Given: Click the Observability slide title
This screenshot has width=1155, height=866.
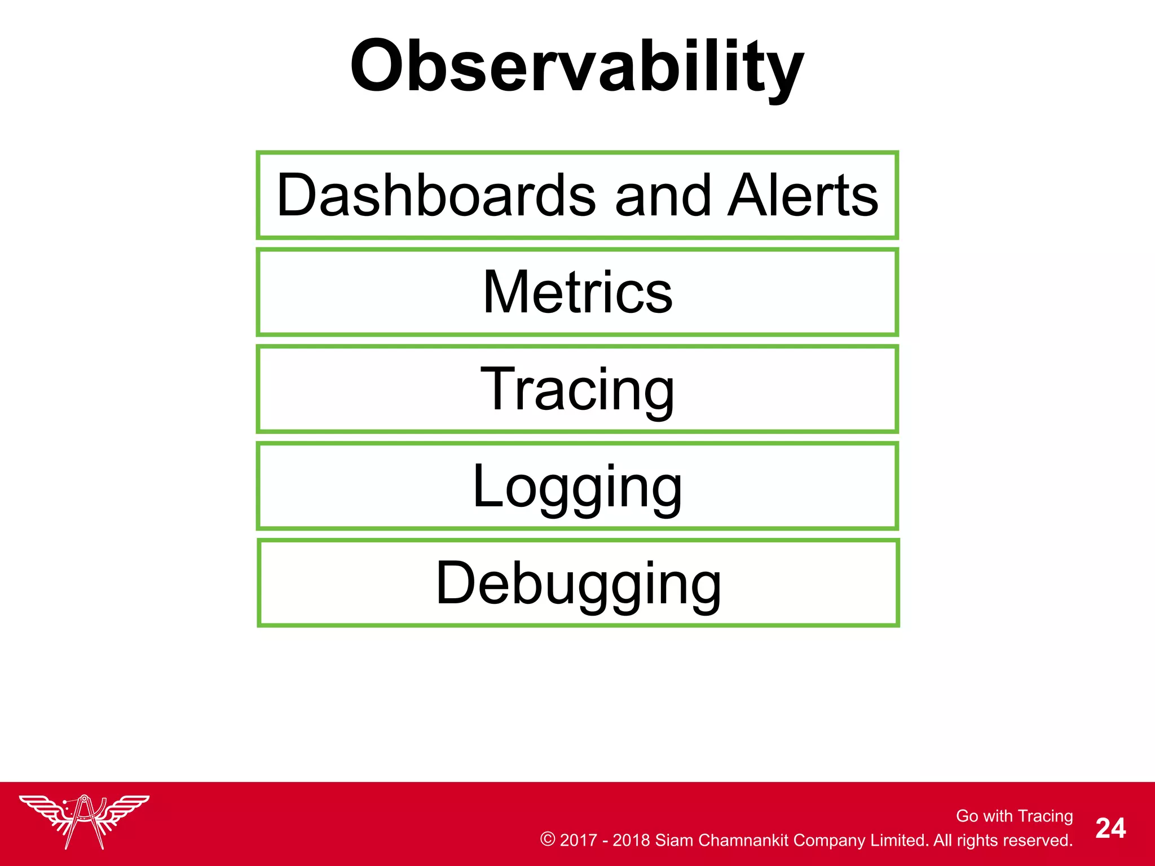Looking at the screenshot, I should click(x=576, y=67).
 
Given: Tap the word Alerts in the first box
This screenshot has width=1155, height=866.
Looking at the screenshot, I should click(x=803, y=196).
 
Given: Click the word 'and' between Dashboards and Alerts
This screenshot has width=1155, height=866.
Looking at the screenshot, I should click(x=663, y=196).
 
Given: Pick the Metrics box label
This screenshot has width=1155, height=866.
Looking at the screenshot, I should click(x=577, y=292).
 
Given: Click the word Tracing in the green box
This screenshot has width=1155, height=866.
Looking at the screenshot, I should click(x=577, y=390).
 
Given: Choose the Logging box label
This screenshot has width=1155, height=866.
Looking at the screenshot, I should click(x=577, y=487).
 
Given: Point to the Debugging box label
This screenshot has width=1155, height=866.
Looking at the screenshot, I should click(x=578, y=584).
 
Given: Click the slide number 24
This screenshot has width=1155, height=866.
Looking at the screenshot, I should click(x=1110, y=828).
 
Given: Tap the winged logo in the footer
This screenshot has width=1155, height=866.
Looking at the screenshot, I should click(x=84, y=820).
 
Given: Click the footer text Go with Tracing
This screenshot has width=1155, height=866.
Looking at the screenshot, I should click(x=1014, y=816).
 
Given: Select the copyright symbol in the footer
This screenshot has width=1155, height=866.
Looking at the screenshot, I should click(x=547, y=839).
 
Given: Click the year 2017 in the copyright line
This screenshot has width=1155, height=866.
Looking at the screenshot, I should click(x=578, y=840).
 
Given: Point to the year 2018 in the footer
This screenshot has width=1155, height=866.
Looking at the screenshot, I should click(x=631, y=840).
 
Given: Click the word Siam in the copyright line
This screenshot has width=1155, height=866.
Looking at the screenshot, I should click(x=674, y=840).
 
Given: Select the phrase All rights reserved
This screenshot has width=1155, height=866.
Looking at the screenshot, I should click(x=1003, y=840).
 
